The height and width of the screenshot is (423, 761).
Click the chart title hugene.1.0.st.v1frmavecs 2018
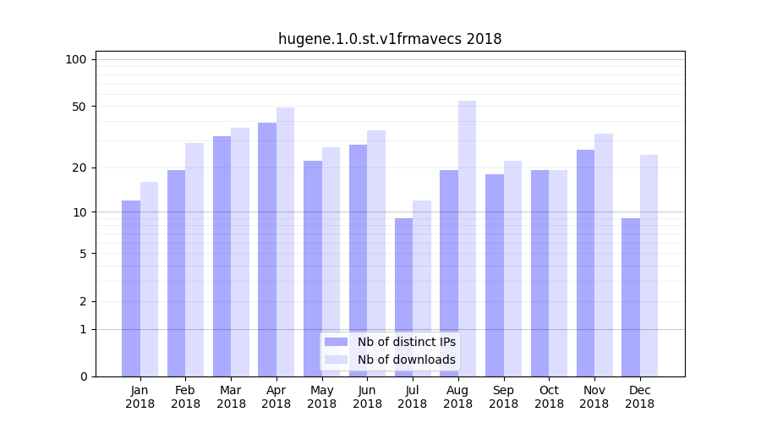coord(390,39)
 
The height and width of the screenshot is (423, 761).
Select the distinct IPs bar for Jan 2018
coord(131,288)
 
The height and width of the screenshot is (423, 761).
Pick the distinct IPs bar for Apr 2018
coord(267,250)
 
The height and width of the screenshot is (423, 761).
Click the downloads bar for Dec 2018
coord(649,266)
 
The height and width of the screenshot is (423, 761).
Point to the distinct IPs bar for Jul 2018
coord(404,297)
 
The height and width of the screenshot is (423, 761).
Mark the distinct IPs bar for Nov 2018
coord(585,263)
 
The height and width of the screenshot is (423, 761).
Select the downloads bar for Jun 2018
coord(376,253)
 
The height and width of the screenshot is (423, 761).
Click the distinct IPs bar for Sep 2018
coord(495,275)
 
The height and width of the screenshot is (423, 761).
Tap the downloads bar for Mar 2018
coord(240,252)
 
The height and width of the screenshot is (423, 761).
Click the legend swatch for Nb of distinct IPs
coord(336,342)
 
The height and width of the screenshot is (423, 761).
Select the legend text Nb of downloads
coord(407,360)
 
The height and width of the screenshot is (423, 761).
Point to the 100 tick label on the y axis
coord(76,59)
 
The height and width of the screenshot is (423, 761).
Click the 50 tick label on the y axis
coord(79,107)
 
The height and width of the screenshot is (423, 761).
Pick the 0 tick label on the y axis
coord(83,376)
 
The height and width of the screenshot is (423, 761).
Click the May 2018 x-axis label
coord(322,397)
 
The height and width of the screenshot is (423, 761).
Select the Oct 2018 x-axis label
coord(549,397)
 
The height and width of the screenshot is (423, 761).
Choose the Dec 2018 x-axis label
coord(639,397)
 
